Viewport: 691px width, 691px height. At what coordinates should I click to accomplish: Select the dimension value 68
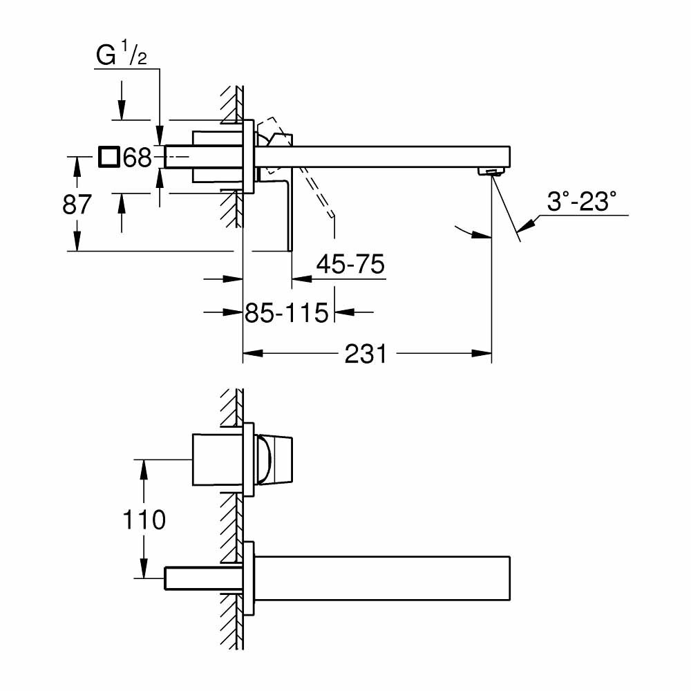pyautogui.click(x=137, y=158)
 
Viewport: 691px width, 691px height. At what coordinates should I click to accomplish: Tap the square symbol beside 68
pyautogui.click(x=108, y=158)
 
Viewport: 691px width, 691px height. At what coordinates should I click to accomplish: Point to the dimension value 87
pyautogui.click(x=75, y=205)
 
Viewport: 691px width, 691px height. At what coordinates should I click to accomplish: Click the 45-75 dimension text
pyautogui.click(x=350, y=265)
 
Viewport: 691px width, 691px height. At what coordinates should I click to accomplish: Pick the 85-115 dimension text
pyautogui.click(x=286, y=314)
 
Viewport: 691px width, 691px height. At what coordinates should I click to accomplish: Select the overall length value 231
pyautogui.click(x=366, y=354)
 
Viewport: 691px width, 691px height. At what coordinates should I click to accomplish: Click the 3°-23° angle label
pyautogui.click(x=580, y=203)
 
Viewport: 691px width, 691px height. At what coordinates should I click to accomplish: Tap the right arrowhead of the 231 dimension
pyautogui.click(x=483, y=354)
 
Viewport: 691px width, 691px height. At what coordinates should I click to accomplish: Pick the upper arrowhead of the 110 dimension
pyautogui.click(x=144, y=469)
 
